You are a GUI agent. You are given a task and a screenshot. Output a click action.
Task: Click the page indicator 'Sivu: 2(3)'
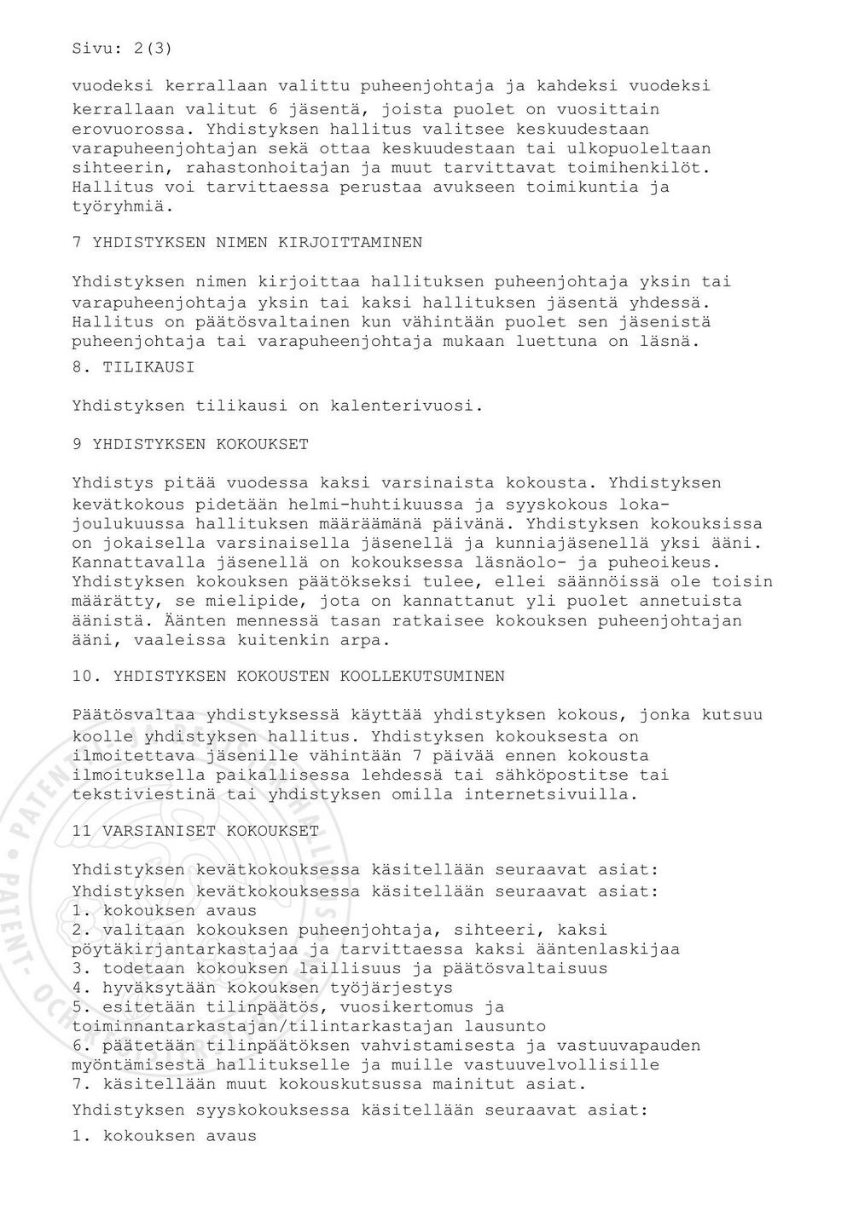coord(122,49)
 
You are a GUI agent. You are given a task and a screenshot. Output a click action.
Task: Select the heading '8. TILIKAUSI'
coord(133,367)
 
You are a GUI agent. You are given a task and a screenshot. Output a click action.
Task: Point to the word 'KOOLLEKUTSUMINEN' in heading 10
coord(422,677)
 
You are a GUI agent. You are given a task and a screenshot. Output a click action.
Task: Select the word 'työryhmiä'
coord(123,206)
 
